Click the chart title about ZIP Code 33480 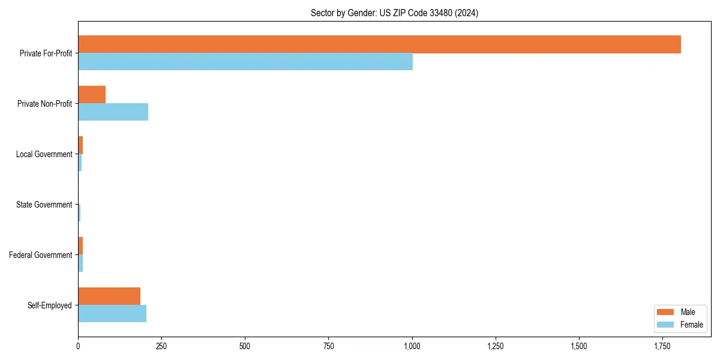coord(394,13)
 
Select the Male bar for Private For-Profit coord(379,44)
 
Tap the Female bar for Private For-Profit coord(245,62)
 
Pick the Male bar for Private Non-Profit coord(92,95)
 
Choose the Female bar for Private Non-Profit coord(113,112)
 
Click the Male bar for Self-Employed coord(109,296)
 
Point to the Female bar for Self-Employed coord(112,314)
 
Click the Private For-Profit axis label coord(46,53)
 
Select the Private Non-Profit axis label coord(44,104)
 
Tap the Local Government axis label coord(44,154)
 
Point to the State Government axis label coord(44,205)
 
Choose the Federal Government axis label coord(41,255)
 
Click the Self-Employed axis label coord(50,305)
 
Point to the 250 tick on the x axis coord(161,347)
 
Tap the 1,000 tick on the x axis coord(412,347)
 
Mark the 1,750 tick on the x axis coord(662,347)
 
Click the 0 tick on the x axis coord(78,347)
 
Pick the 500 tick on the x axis coord(245,347)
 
